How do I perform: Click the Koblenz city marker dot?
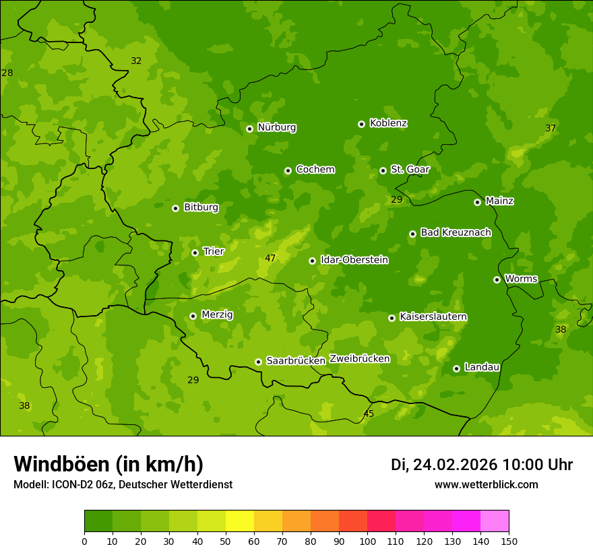click(361, 124)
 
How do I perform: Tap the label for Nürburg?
click(276, 127)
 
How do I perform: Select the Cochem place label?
click(315, 170)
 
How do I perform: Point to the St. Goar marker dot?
click(383, 170)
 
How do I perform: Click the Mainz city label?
click(499, 201)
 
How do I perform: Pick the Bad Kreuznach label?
click(456, 232)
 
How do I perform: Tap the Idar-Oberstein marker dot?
click(312, 261)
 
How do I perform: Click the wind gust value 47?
click(270, 258)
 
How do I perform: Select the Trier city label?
click(213, 251)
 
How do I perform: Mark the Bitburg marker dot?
click(175, 208)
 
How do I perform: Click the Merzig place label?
click(217, 315)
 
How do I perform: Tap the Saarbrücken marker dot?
click(258, 362)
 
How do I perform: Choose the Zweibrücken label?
click(359, 359)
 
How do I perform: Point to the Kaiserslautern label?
click(433, 317)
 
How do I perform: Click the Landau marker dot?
click(456, 368)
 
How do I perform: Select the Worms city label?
click(520, 278)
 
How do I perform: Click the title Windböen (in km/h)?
click(108, 464)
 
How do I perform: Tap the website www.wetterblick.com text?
click(486, 485)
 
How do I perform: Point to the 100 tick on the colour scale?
click(367, 541)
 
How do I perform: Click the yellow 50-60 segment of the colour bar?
click(240, 521)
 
